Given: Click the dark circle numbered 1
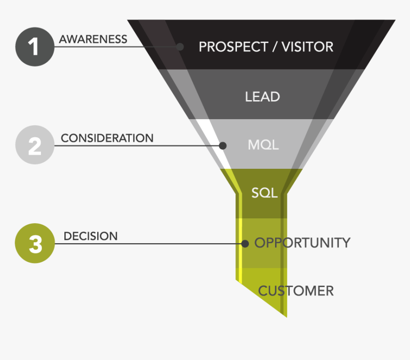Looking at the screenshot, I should pyautogui.click(x=35, y=47).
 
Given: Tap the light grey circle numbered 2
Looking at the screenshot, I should pyautogui.click(x=35, y=145).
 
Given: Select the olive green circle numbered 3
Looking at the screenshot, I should pyautogui.click(x=35, y=244).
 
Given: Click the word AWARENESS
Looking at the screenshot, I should pyautogui.click(x=93, y=39).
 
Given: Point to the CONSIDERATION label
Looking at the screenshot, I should pyautogui.click(x=107, y=138).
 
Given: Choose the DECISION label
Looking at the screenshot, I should pyautogui.click(x=91, y=236).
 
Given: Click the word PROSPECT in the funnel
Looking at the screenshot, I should pyautogui.click(x=227, y=47).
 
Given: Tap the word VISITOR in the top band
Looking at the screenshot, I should pyautogui.click(x=307, y=47).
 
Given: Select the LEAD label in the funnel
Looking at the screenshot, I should pyautogui.click(x=262, y=97).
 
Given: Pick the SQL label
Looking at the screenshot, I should pyautogui.click(x=265, y=193).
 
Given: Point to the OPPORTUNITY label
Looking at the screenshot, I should pyautogui.click(x=302, y=243).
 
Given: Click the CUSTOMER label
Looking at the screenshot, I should pyautogui.click(x=296, y=290).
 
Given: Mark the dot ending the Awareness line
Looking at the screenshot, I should pyautogui.click(x=180, y=47).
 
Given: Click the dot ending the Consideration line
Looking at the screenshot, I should pyautogui.click(x=222, y=145).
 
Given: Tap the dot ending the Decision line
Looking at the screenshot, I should pyautogui.click(x=245, y=244).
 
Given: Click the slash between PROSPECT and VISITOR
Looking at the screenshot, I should pyautogui.click(x=275, y=47).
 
